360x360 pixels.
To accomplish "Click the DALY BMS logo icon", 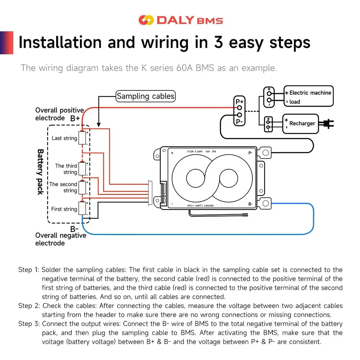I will click(146, 20).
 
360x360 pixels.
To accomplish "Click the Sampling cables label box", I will click(145, 96).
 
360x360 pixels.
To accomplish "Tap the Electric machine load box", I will click(309, 96).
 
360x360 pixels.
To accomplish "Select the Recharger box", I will click(301, 123).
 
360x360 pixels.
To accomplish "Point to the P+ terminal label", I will click(239, 102).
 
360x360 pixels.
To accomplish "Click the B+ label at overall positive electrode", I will click(75, 118).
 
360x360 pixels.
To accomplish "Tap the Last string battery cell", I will click(83, 138).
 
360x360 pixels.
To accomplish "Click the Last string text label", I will click(64, 138).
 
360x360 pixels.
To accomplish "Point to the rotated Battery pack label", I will click(40, 172).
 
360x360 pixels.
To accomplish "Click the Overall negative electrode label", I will click(60, 239).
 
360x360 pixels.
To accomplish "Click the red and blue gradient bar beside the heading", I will click(6, 42).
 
